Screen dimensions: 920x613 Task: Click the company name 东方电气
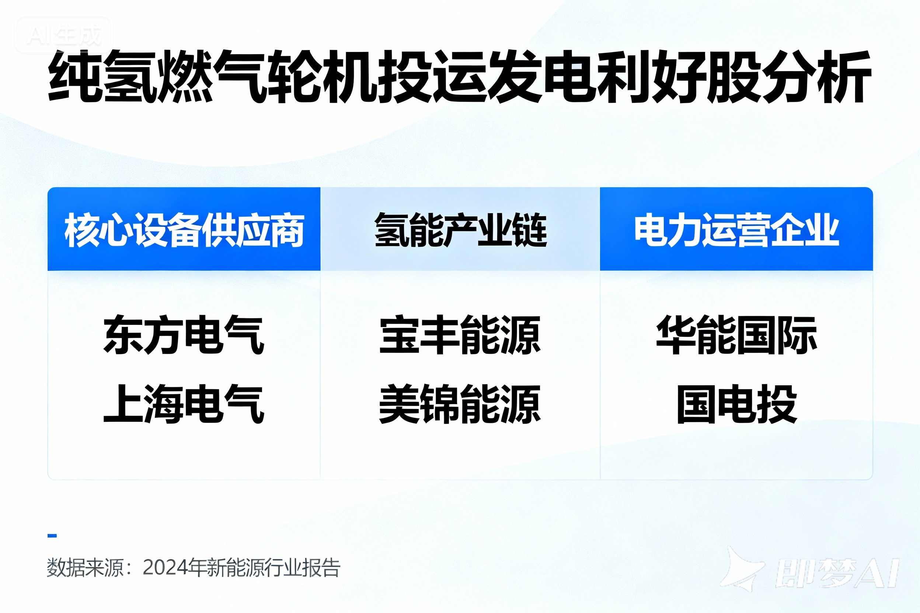tap(184, 334)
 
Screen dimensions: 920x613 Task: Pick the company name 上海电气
tap(184, 403)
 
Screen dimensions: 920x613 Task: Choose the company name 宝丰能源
tap(460, 334)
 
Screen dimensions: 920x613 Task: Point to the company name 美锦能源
tap(460, 403)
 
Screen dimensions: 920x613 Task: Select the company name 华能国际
tap(736, 334)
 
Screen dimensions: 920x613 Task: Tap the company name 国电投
tap(737, 403)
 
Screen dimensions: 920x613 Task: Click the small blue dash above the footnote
tap(52, 536)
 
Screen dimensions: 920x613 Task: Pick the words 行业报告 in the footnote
tap(302, 568)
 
